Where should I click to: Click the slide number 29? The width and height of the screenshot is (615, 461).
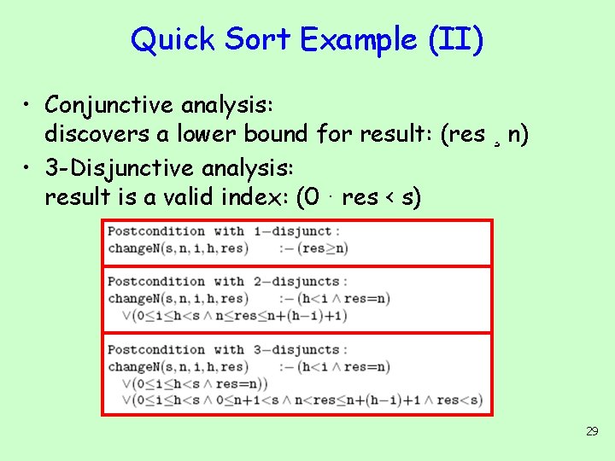(x=592, y=432)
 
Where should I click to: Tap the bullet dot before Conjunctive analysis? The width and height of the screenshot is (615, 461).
(x=29, y=105)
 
